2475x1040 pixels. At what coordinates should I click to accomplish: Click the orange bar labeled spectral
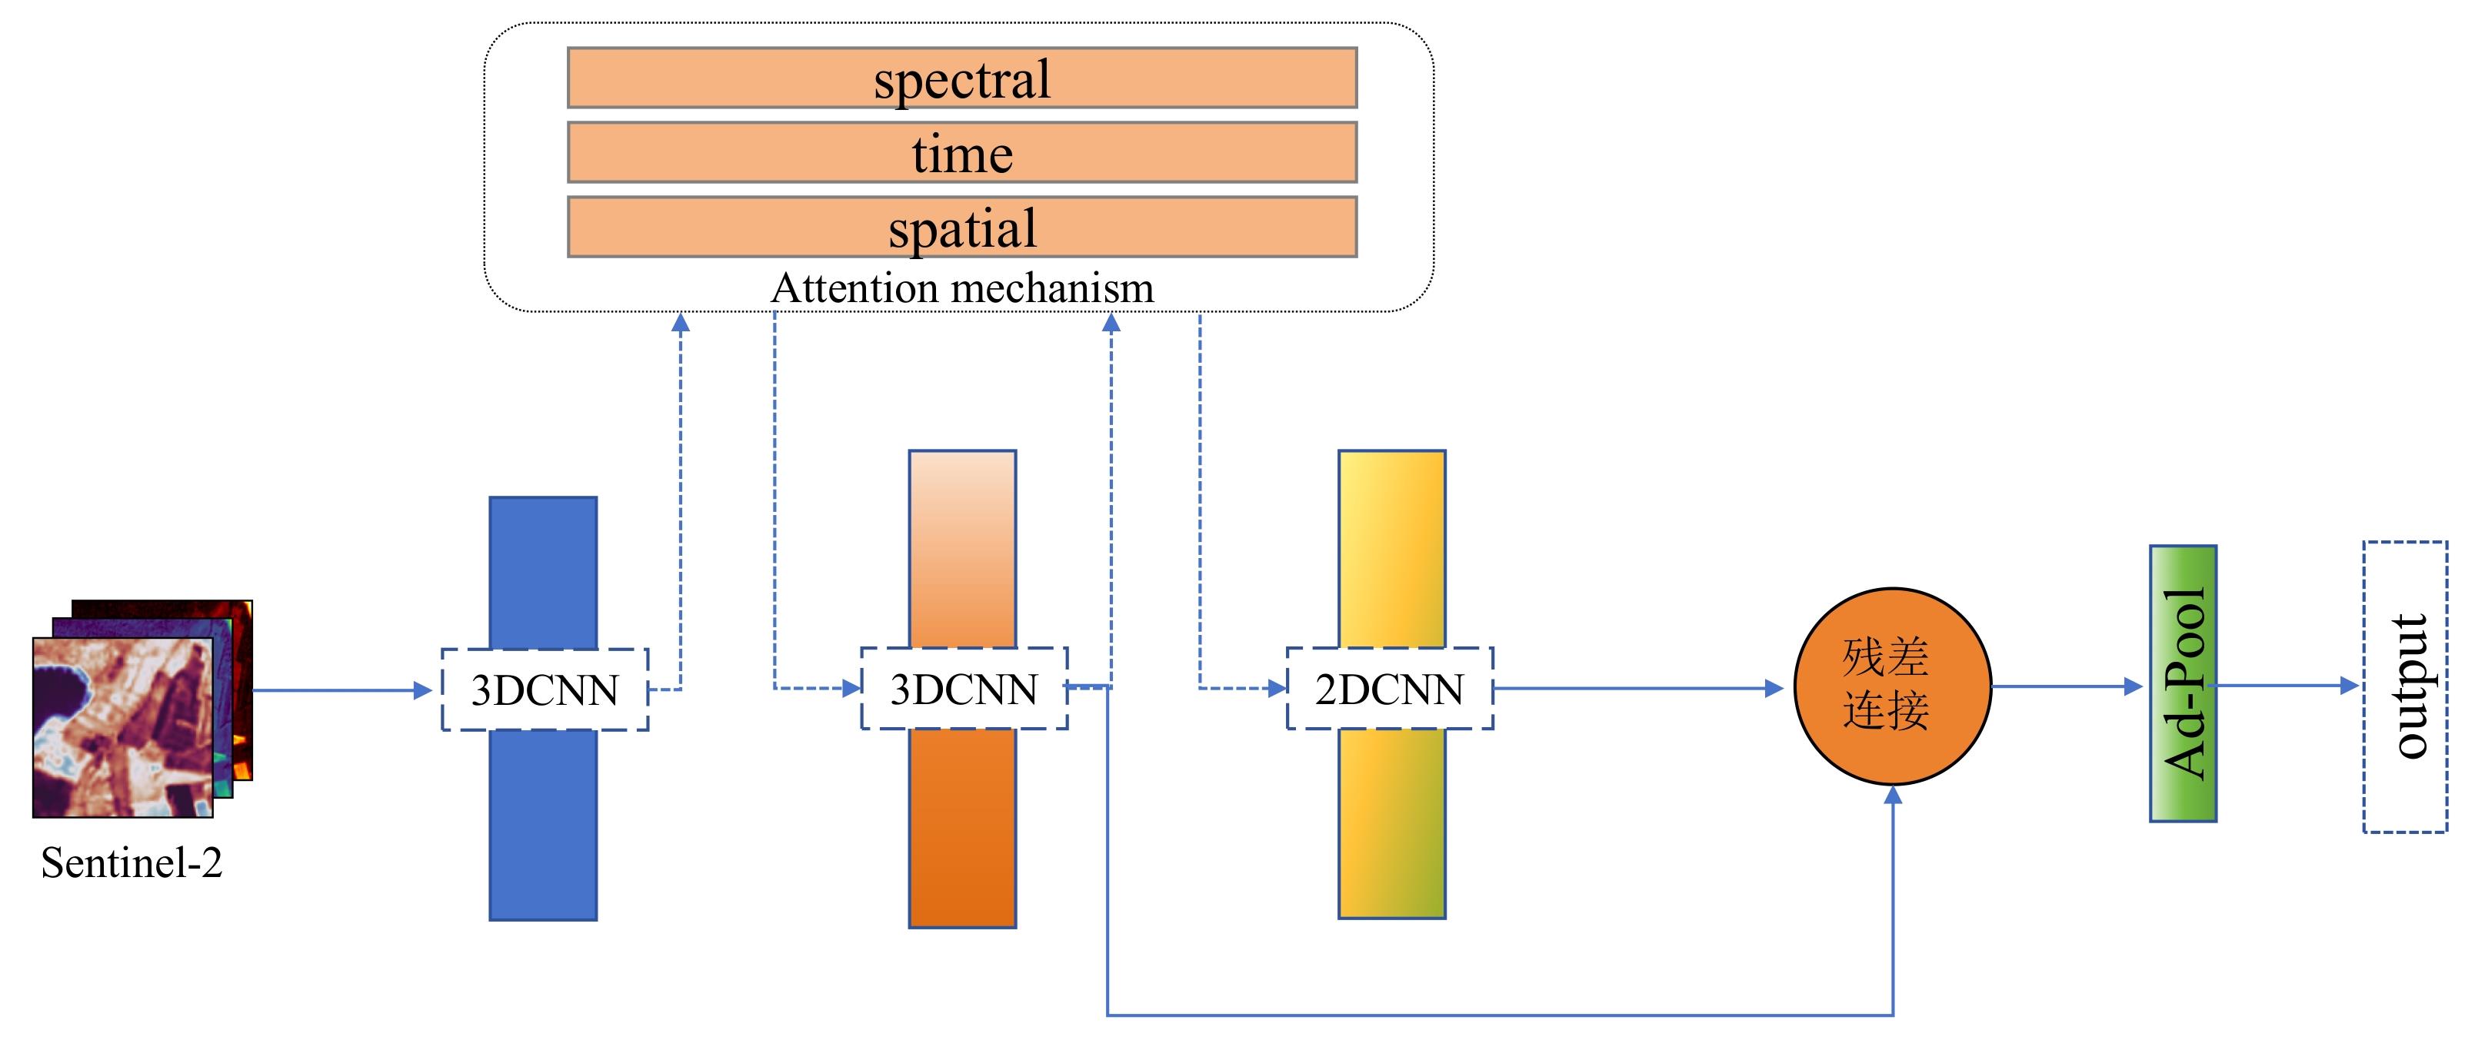961,78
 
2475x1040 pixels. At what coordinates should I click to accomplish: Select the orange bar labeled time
961,153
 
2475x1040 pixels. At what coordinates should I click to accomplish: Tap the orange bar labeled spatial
961,228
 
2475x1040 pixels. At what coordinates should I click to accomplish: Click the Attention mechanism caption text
961,288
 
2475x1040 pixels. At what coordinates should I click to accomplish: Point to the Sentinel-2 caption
132,862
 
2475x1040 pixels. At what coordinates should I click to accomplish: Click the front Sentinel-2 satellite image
123,727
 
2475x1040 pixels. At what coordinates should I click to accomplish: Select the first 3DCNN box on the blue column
545,689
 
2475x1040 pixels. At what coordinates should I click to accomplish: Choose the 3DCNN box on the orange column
964,689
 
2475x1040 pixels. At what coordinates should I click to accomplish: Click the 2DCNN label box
1389,689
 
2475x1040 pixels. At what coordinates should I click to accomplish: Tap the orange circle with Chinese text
1892,686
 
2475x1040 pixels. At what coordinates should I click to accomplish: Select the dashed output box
2405,686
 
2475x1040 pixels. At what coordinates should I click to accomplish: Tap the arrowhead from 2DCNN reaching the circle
1774,689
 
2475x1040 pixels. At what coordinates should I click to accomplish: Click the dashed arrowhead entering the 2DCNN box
1277,689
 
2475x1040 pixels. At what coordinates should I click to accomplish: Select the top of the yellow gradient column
1391,470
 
